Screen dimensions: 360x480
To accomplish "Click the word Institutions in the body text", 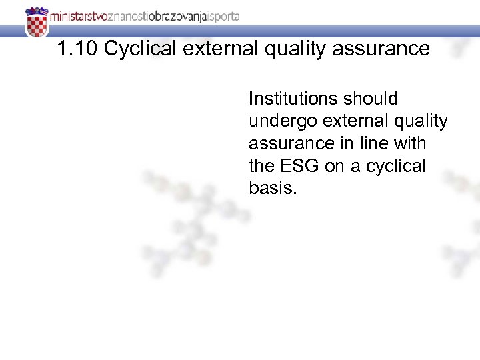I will (293, 99).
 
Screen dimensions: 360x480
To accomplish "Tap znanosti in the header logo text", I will (124, 17).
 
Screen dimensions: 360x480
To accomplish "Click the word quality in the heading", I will (296, 49).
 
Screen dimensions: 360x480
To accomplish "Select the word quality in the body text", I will (419, 121).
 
